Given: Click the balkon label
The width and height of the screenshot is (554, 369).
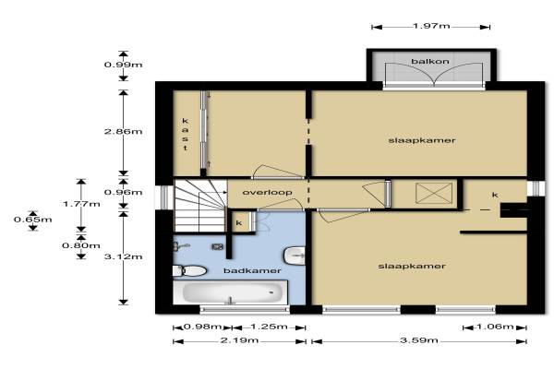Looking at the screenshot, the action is pos(430,62).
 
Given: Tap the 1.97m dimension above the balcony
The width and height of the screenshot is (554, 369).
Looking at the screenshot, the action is pos(431,26).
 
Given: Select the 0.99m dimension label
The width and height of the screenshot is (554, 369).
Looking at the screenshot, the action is pos(124,65).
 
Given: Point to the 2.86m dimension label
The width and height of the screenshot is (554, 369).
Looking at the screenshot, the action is pos(124,132).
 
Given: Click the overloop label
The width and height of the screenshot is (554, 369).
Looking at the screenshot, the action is pos(268,193).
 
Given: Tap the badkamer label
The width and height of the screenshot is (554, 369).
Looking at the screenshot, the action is pos(252,271).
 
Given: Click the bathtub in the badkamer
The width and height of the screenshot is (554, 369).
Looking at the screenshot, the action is pos(230,292).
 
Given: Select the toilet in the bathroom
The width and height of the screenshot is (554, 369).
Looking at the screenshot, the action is pos(189,271).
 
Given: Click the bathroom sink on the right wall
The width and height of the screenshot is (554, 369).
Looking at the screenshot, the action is pos(295,256).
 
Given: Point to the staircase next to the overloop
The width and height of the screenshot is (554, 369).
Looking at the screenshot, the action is pos(200,206).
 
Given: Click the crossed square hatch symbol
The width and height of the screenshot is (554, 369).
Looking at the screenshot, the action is pos(434,193).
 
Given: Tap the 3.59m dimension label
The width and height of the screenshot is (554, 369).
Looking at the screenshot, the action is pos(419,340).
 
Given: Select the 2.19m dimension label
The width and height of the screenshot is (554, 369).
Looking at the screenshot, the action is pos(239,340).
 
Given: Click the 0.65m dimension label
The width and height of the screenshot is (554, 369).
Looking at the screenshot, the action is pos(33,220).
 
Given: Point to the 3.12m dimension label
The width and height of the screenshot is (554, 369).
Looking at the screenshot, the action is pos(124,256).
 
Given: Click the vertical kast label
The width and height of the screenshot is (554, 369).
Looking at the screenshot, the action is pos(186,135).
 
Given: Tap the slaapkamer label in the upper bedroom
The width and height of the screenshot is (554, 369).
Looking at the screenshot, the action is pos(422,140).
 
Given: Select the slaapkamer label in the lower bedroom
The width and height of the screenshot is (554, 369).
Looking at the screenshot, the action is pos(412,267).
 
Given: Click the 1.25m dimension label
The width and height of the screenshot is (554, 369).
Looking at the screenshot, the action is pos(269,327).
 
